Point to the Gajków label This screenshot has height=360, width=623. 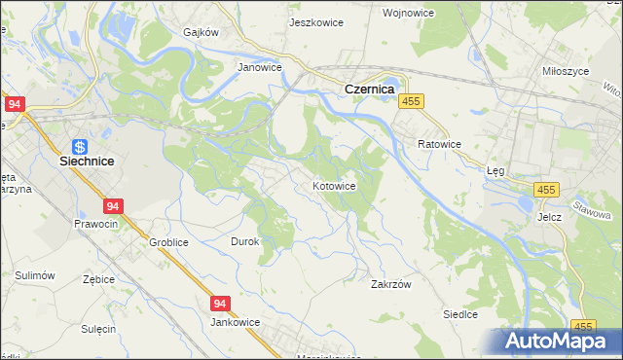click(202, 31)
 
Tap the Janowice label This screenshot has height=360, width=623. click(260, 68)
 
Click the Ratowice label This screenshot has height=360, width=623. click(439, 144)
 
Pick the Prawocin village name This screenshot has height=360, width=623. click(95, 224)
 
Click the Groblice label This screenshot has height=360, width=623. click(168, 242)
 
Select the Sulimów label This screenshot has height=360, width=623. click(33, 275)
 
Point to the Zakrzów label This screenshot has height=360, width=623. click(392, 285)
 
